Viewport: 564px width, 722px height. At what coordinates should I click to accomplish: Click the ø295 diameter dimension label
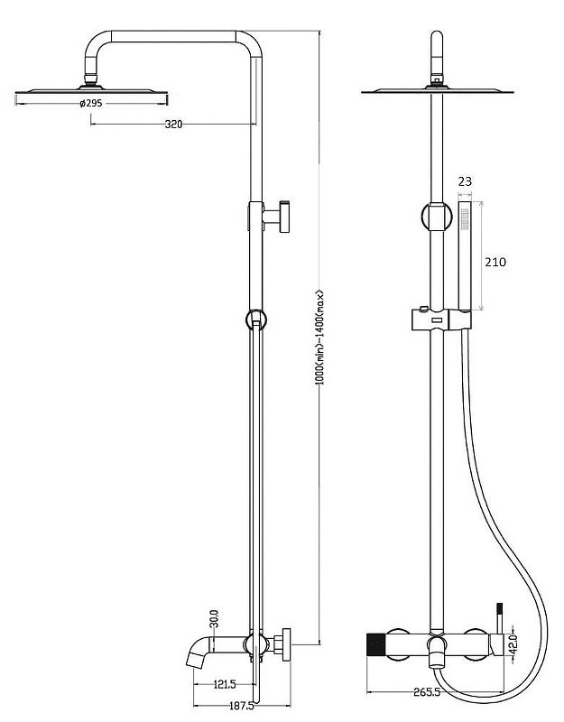click(91, 103)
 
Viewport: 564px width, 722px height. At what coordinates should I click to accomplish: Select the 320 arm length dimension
click(173, 124)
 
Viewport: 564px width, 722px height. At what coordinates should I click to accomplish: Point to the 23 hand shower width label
click(465, 181)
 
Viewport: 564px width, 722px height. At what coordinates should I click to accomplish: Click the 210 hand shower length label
click(495, 262)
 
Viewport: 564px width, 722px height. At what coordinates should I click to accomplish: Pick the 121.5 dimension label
click(224, 685)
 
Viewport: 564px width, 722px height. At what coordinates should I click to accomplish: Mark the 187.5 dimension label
click(241, 706)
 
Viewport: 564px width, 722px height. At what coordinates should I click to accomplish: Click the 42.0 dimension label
click(514, 643)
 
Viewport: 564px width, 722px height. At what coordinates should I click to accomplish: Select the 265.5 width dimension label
click(427, 692)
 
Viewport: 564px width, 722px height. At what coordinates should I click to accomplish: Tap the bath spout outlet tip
click(193, 662)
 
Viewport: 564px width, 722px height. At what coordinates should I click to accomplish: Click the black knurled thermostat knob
click(376, 645)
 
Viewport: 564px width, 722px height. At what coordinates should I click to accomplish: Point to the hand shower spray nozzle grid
click(465, 219)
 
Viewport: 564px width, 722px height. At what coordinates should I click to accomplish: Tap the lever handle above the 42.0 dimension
click(499, 617)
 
